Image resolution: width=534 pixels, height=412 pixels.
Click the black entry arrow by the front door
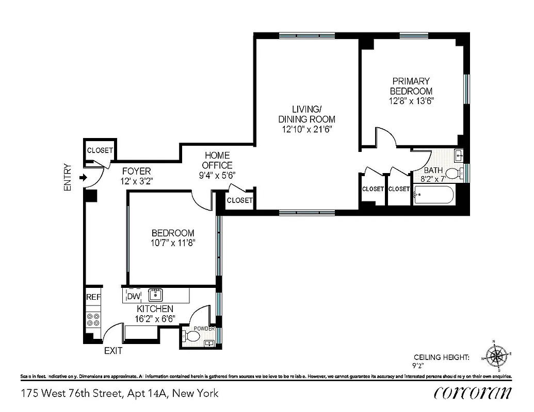[x=83, y=178]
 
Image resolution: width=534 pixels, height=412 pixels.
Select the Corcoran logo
[x=473, y=393]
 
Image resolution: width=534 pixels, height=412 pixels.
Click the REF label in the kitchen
[x=93, y=297]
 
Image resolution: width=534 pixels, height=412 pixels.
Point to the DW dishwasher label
[x=134, y=296]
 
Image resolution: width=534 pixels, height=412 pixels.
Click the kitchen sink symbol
[x=155, y=295]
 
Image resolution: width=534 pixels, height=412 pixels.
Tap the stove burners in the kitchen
[x=93, y=319]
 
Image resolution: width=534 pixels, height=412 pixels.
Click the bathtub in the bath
[x=433, y=196]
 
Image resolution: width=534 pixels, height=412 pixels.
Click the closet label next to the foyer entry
[x=100, y=151]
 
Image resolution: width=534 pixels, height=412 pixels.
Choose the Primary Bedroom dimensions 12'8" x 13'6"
[x=411, y=101]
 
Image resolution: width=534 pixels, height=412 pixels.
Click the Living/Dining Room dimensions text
[x=307, y=129]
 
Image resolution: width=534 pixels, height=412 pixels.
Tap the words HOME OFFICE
[x=217, y=160]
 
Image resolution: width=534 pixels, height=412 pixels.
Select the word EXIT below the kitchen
[x=114, y=351]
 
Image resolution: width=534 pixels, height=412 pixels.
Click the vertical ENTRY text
[x=67, y=178]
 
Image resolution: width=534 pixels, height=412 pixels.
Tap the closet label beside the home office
[x=240, y=200]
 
